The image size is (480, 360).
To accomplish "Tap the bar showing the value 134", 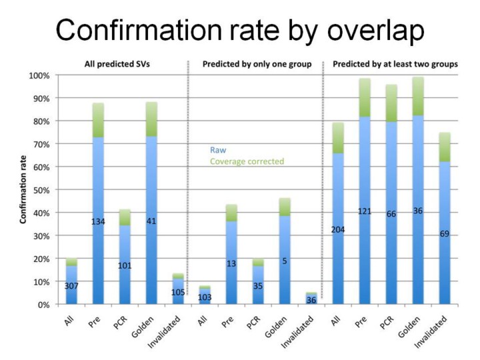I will pos(99,220).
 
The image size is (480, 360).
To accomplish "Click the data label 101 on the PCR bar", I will pos(125,265).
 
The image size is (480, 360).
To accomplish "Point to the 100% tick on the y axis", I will pos(41,75).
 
